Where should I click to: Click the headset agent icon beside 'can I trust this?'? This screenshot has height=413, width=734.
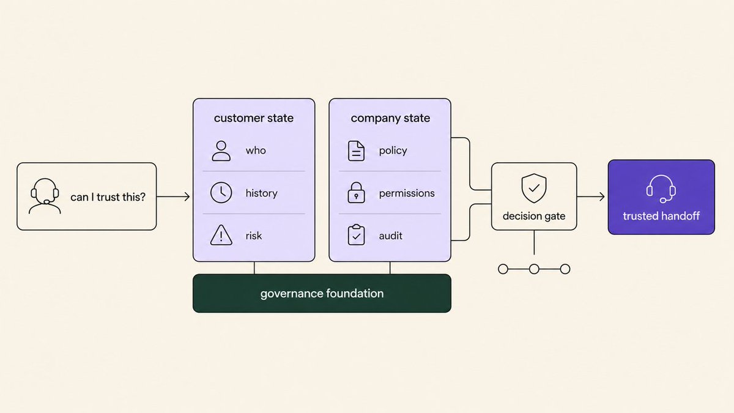[x=45, y=196]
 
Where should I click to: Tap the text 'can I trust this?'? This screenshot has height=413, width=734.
[x=108, y=197]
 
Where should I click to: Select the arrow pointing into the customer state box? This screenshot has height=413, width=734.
[x=173, y=196]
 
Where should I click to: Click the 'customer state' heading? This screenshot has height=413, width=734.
[x=254, y=118]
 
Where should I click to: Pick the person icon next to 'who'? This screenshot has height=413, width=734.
[x=221, y=151]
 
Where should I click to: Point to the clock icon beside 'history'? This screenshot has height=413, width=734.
[x=221, y=192]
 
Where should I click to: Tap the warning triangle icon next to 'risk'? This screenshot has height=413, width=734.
[x=221, y=235]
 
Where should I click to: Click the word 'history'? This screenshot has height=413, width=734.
[x=262, y=193]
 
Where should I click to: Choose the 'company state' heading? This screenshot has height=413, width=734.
[x=390, y=118]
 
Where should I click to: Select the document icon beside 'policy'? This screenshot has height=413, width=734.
[x=356, y=151]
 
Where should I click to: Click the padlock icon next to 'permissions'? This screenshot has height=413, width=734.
[x=356, y=193]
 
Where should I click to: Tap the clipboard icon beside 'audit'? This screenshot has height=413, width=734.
[x=356, y=235]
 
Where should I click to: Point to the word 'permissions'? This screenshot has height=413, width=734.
[x=407, y=193]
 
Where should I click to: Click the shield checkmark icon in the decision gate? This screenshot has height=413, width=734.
[x=534, y=188]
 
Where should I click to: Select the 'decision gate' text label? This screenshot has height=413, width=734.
[x=534, y=216]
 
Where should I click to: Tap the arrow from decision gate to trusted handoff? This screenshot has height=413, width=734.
[x=591, y=196]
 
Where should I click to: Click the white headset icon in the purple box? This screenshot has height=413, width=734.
[x=661, y=189]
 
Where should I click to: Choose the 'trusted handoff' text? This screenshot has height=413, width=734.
[x=661, y=216]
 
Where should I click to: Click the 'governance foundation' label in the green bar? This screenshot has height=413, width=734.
[x=322, y=294]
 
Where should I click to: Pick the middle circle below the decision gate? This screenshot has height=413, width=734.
[x=534, y=269]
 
